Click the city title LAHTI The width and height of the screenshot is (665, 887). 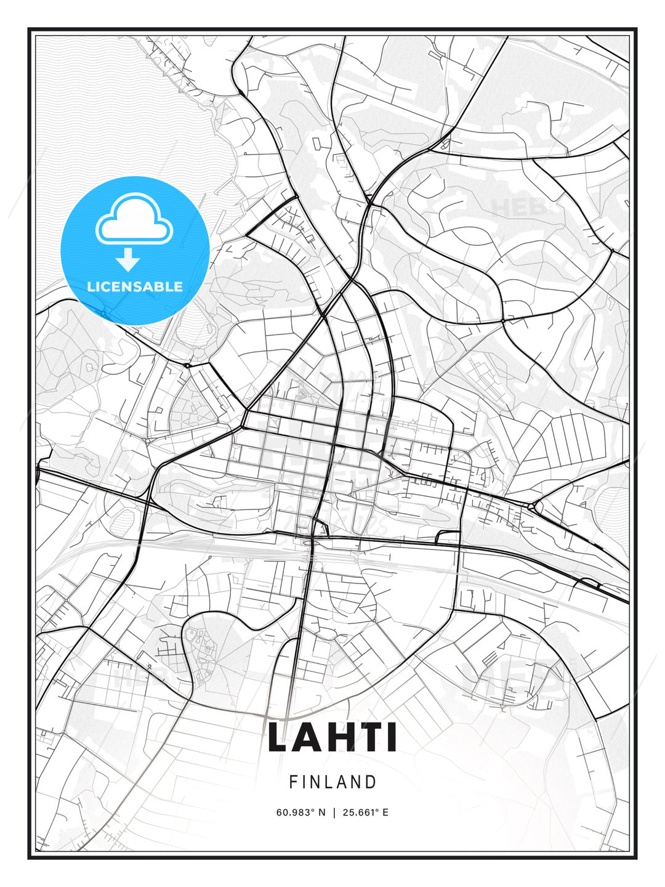(x=332, y=738)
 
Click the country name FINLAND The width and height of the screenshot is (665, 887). (x=332, y=782)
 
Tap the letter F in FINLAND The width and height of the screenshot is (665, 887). (x=293, y=782)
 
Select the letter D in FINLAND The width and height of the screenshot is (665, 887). (x=371, y=782)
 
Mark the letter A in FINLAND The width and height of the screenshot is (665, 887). (x=344, y=782)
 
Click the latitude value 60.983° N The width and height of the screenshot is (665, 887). (x=300, y=812)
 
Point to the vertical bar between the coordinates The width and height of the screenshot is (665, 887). (x=334, y=812)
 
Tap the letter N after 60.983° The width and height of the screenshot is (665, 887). (x=321, y=812)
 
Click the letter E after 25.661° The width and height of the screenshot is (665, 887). (x=385, y=812)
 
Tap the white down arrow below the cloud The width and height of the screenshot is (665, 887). (x=129, y=259)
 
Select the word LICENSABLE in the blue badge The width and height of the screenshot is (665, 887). (x=135, y=286)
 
